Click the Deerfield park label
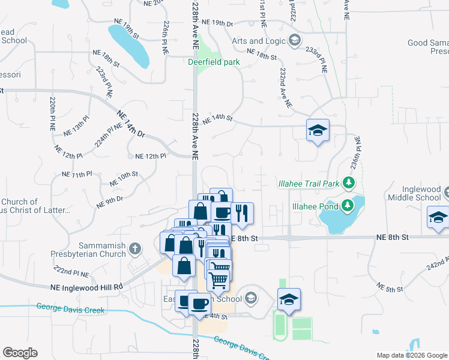214,62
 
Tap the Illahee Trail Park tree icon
349,182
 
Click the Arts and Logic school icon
294,41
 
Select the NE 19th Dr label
217,23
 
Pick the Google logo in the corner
20,352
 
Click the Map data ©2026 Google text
411,355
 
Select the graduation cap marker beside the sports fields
289,299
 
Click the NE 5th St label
390,289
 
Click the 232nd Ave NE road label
285,87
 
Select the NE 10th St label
124,178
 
